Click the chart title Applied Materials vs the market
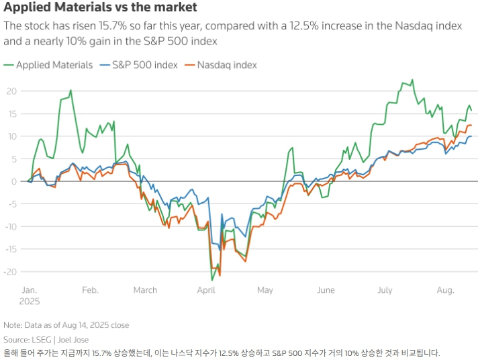coord(101,8)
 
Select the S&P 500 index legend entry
coord(139,65)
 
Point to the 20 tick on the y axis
coord(11,91)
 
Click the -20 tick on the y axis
coord(10,272)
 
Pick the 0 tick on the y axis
coord(13,181)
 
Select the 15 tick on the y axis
coord(11,114)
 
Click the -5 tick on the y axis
coord(11,204)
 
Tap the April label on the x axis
coord(206,290)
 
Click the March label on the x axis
coord(144,290)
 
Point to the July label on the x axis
coord(385,290)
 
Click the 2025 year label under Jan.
coord(30,302)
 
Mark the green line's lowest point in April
coord(212,280)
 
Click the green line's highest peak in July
coord(412,80)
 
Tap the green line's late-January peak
coord(70,90)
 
